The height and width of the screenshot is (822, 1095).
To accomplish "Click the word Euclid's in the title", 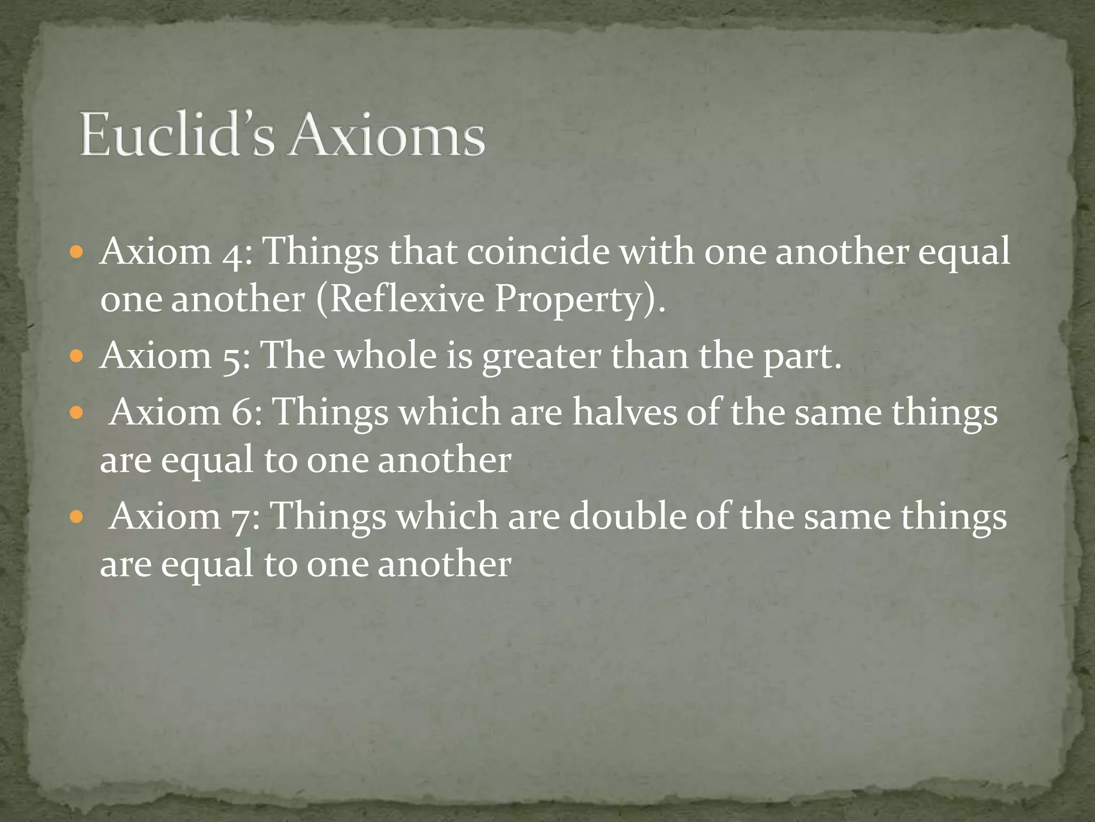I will click(176, 135).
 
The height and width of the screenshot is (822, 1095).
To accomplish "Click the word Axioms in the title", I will click(387, 135).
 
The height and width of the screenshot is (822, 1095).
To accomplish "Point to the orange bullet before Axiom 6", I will click(77, 413).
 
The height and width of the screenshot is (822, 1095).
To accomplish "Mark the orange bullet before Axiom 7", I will click(77, 517).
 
